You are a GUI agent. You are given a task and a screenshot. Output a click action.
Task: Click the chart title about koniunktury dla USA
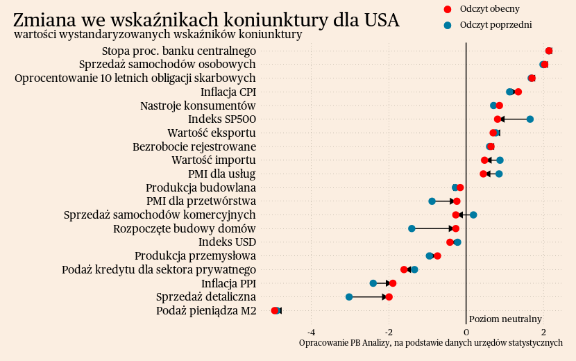206,20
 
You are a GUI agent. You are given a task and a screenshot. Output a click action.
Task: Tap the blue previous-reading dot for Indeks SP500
530,119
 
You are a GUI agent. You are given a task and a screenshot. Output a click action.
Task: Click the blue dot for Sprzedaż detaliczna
349,297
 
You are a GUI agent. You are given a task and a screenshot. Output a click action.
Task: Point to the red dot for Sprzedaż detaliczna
389,297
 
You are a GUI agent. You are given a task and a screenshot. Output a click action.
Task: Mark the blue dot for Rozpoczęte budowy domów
412,228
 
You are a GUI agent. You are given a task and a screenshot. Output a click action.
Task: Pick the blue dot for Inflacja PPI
373,283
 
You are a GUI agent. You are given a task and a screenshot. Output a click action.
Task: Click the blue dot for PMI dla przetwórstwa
432,201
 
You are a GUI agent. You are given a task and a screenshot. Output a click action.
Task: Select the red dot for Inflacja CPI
518,92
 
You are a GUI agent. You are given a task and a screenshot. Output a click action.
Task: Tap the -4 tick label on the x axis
311,330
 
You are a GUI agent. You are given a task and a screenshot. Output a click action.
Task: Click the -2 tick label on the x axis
389,330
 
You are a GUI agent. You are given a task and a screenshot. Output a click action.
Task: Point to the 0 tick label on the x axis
466,330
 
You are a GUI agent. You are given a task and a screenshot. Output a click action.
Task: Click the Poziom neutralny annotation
505,319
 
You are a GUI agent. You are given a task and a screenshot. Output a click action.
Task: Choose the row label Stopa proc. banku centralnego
179,51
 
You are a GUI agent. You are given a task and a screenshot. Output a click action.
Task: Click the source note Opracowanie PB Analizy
430,343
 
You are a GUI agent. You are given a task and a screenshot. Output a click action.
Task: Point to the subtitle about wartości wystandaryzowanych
158,35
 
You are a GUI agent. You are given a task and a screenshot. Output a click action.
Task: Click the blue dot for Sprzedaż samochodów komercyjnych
473,215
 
